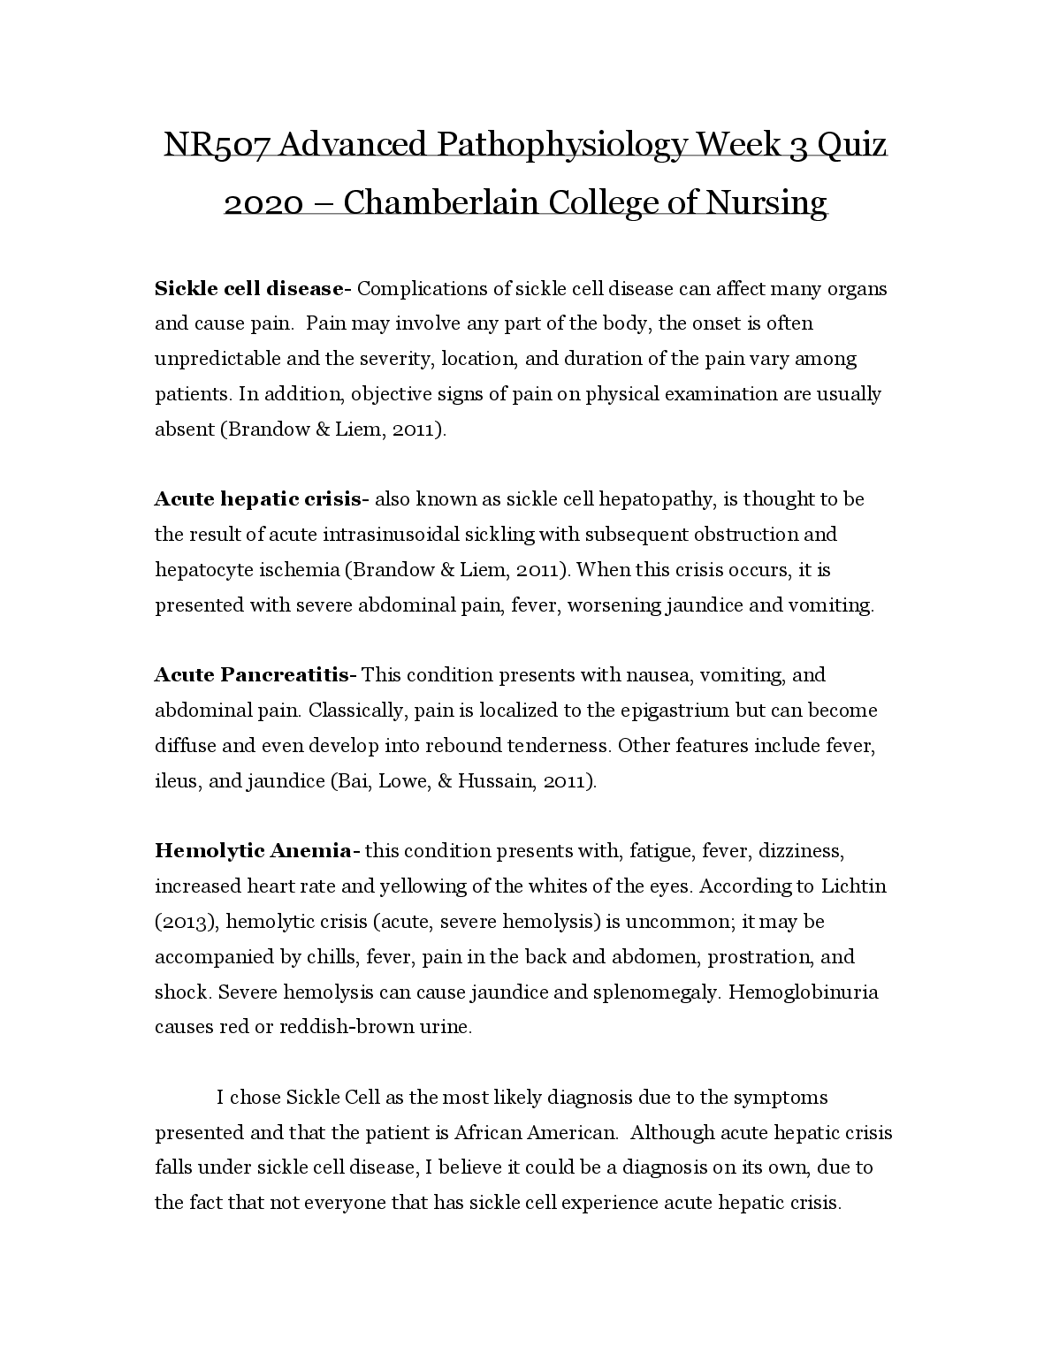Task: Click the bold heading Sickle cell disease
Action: coord(249,289)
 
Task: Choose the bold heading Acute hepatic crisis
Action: coord(259,499)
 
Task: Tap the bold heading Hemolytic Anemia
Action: coord(253,851)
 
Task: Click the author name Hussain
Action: coord(495,781)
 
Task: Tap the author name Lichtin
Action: coord(854,886)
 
